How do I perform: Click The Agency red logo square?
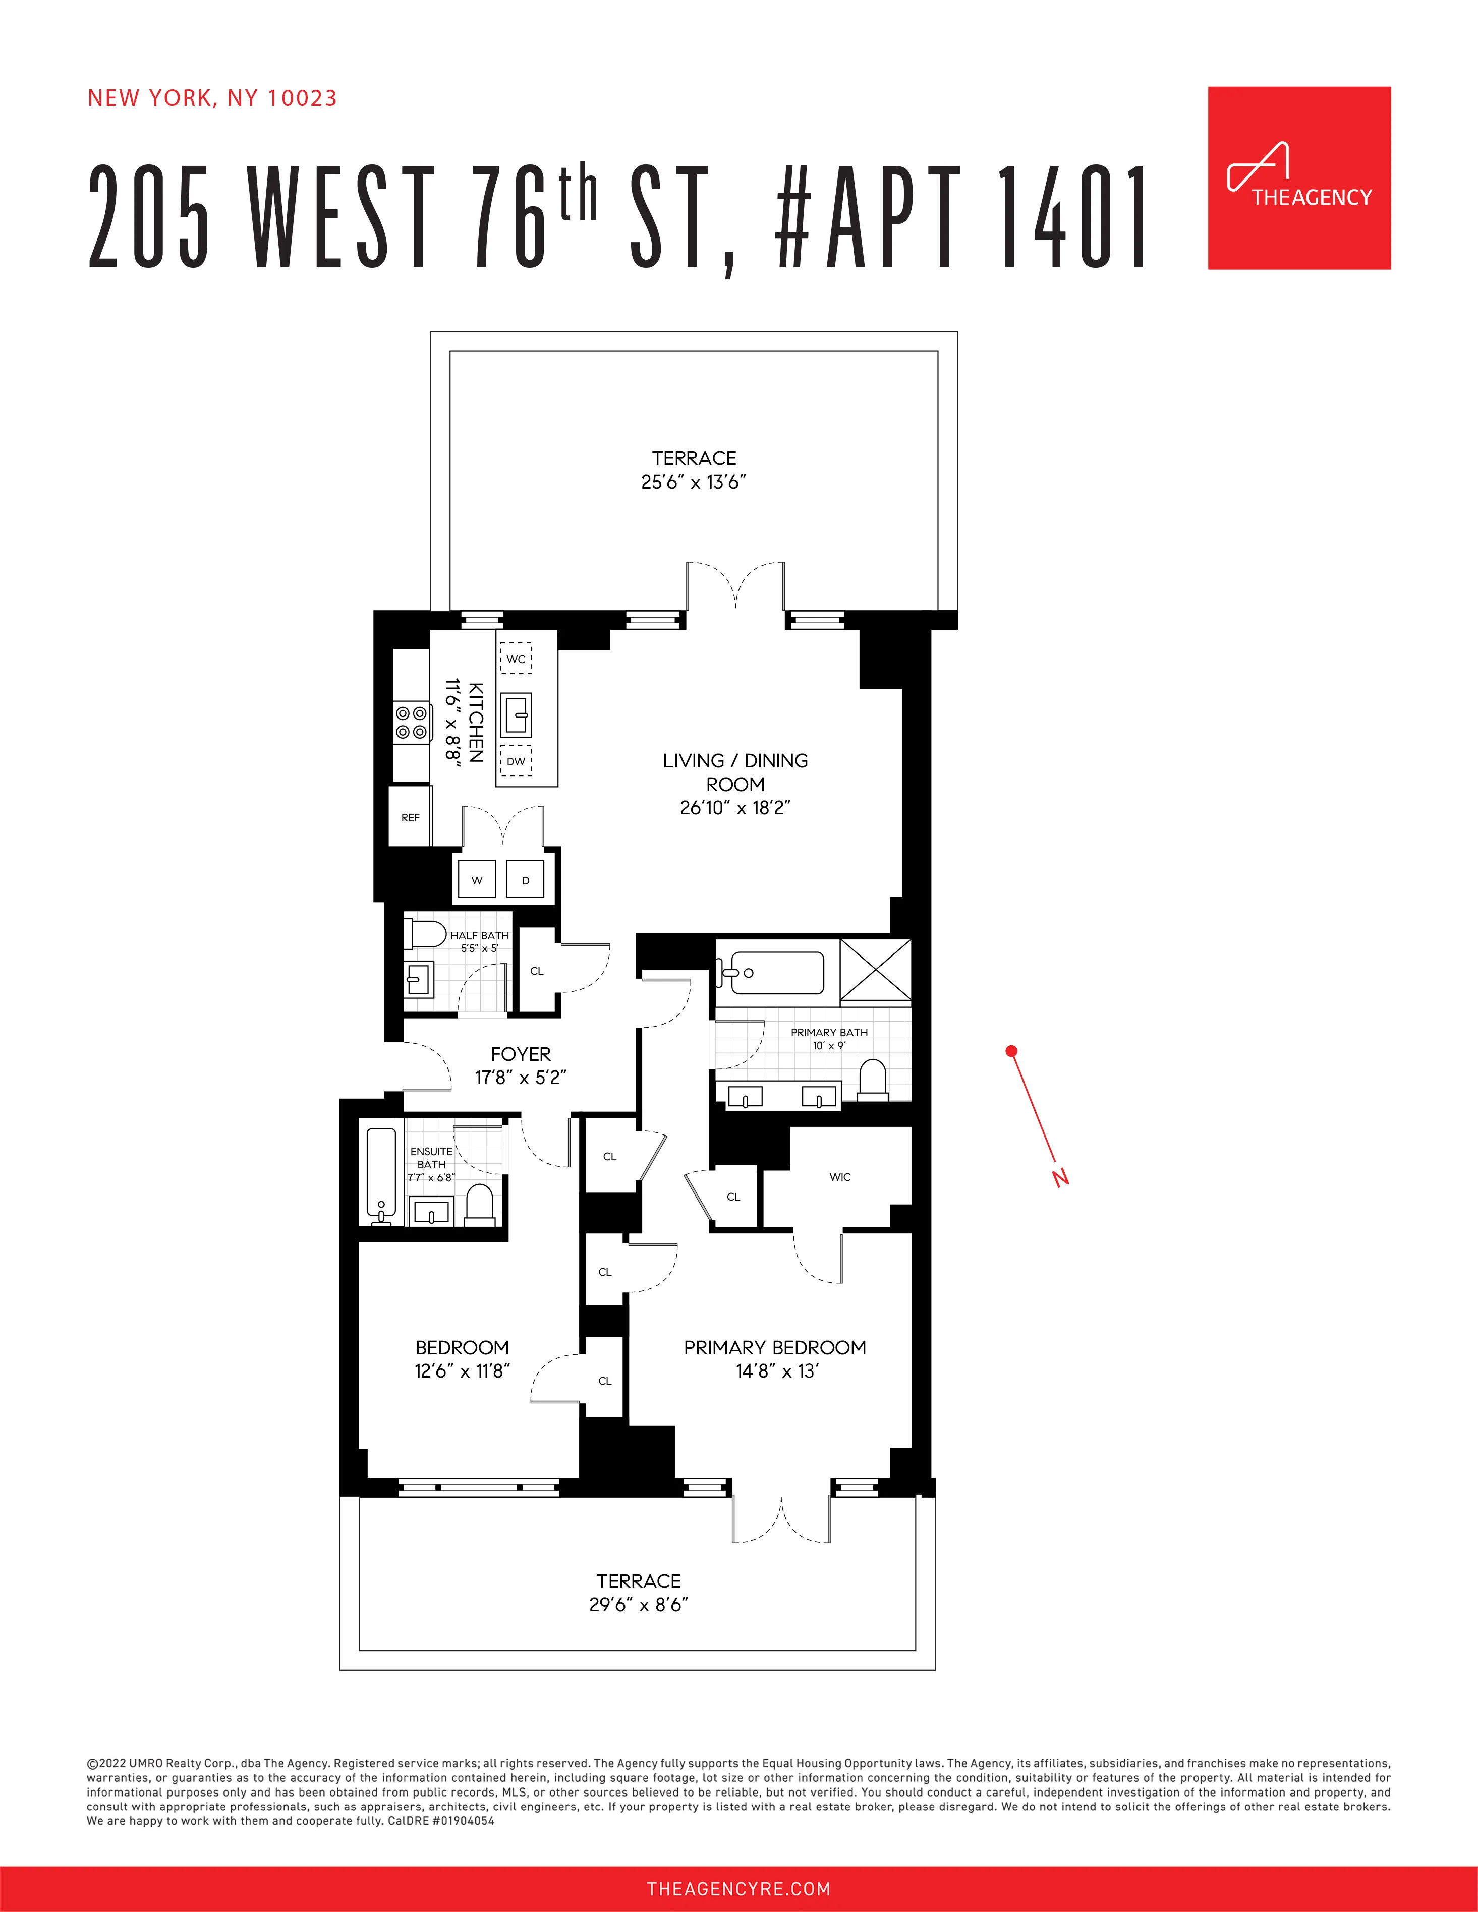click(1298, 177)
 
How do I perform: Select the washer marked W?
click(476, 880)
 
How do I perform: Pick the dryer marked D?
click(525, 880)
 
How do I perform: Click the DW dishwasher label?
click(516, 761)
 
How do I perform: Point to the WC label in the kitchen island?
click(516, 659)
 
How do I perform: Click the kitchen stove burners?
click(412, 722)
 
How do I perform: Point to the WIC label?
click(840, 1177)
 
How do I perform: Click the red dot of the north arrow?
click(1011, 1051)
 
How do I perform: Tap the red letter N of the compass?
click(1060, 1177)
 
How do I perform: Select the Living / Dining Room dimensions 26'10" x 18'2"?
click(734, 807)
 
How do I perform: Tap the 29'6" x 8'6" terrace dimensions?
click(638, 1605)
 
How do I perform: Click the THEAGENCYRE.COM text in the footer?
click(738, 1888)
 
